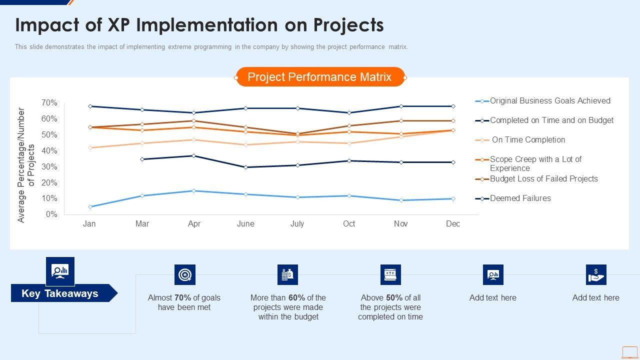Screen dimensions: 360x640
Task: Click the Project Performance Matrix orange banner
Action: coord(319,77)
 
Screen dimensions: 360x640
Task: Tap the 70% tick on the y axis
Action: coord(49,103)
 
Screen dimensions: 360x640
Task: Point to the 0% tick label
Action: coord(51,214)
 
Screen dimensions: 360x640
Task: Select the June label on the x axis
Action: coord(245,224)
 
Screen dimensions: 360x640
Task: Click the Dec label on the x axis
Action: coord(453,224)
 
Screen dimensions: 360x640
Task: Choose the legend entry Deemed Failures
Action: coord(520,198)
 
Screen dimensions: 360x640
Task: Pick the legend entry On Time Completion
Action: coord(528,140)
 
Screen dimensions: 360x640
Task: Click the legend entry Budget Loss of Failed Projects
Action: coord(543,179)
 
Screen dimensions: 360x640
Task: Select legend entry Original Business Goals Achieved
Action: coord(550,101)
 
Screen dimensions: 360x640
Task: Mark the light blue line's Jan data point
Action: coord(90,206)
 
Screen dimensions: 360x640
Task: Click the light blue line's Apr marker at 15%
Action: coord(194,190)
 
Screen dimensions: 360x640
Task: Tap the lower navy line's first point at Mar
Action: coord(142,159)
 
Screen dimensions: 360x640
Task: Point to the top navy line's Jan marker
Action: coord(90,106)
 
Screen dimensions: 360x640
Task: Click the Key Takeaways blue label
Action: coord(60,293)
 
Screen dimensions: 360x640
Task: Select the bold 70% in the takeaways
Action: coord(183,298)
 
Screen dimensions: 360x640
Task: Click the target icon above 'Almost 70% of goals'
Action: coord(185,275)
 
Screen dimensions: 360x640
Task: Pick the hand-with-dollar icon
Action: coord(596,275)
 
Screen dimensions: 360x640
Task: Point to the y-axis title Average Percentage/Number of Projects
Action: coord(26,165)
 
